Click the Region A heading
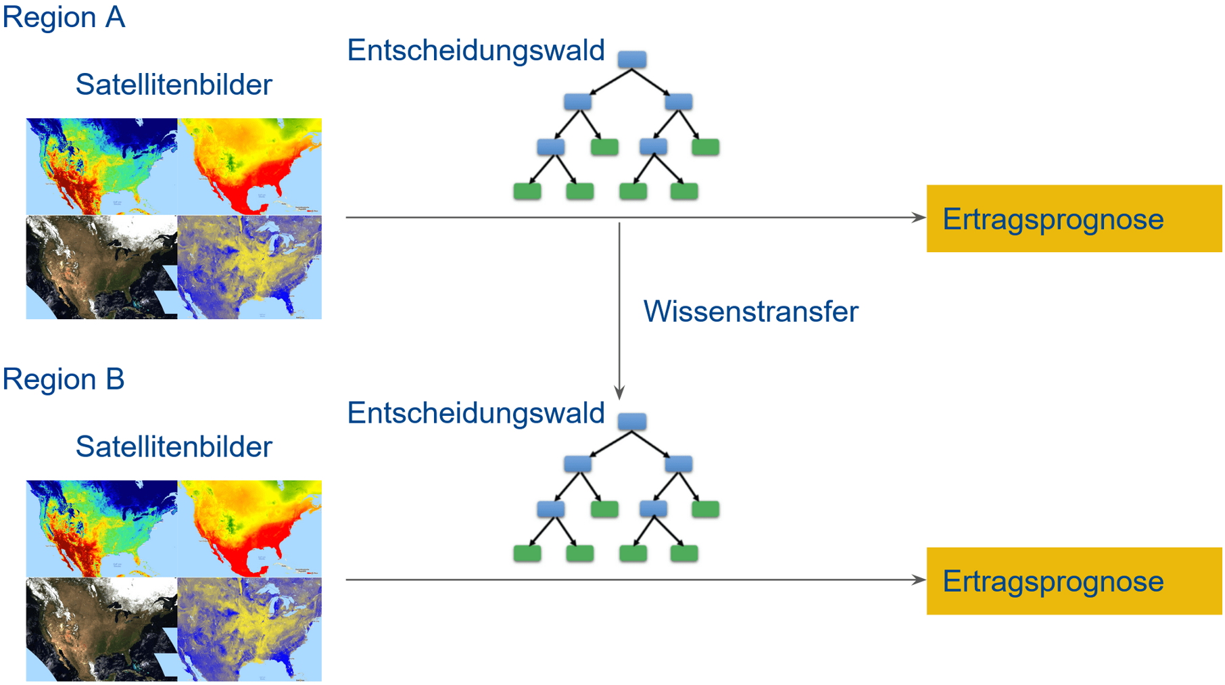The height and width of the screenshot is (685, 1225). click(64, 18)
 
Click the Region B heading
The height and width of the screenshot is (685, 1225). click(64, 379)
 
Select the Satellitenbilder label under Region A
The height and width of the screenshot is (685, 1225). click(174, 85)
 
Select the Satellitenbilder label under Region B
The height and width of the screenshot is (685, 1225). click(174, 447)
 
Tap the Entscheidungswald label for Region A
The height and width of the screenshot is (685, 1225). click(475, 51)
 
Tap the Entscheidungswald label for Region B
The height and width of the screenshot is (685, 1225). click(475, 413)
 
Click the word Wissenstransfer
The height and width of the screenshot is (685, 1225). click(750, 312)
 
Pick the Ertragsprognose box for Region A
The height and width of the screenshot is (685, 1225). click(1074, 218)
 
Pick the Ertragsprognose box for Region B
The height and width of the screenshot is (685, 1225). click(1074, 581)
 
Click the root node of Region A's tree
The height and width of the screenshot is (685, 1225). click(632, 60)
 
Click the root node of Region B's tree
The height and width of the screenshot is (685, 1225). click(632, 421)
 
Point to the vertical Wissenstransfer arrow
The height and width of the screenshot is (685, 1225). click(619, 311)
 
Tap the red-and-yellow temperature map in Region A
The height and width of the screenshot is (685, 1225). click(249, 166)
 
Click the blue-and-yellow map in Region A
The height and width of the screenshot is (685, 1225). click(249, 267)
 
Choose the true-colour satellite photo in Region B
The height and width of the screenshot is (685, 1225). click(101, 629)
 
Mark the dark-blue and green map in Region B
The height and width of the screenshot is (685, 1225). click(101, 528)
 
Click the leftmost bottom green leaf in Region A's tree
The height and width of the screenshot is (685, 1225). click(527, 191)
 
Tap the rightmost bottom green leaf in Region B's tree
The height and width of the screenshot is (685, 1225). click(684, 554)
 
